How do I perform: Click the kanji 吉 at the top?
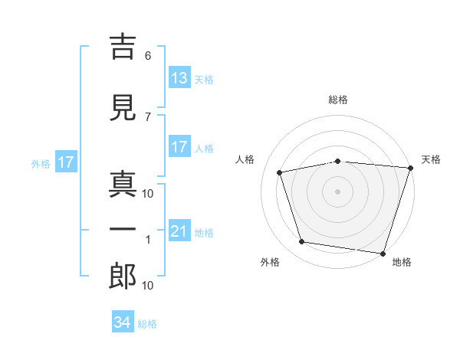[x=123, y=47]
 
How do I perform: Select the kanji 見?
[x=123, y=107]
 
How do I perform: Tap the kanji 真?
[x=123, y=184]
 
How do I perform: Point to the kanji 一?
[x=123, y=229]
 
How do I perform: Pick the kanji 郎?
[x=123, y=277]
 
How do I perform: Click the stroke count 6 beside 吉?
[x=148, y=56]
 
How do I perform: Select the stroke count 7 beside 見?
[x=148, y=117]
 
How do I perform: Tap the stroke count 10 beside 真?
[x=147, y=194]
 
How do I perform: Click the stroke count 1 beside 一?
[x=148, y=240]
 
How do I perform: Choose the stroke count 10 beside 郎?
[x=147, y=286]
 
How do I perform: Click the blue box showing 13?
[x=180, y=77]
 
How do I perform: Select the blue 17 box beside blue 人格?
[x=180, y=146]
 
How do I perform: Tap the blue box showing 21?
[x=180, y=230]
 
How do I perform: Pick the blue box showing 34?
[x=123, y=321]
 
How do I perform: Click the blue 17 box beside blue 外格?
[x=66, y=162]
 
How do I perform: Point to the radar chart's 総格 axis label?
[x=338, y=100]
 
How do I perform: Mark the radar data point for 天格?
[x=411, y=168]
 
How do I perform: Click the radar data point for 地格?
[x=383, y=254]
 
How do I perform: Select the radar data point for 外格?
[x=301, y=242]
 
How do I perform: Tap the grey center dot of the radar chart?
[x=337, y=191]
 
